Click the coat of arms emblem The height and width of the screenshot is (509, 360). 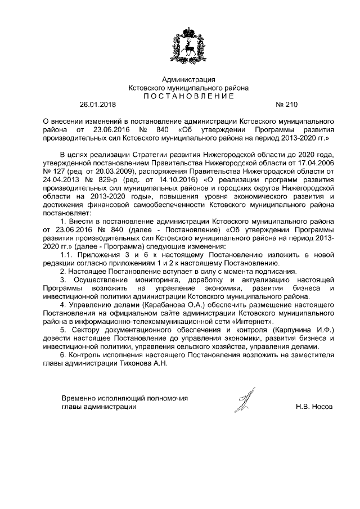(x=188, y=44)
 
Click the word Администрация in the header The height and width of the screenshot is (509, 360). (x=188, y=79)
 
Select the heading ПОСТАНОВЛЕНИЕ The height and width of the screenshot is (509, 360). (x=188, y=96)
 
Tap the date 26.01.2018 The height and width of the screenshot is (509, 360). (x=97, y=105)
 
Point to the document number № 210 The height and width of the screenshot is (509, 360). (x=286, y=105)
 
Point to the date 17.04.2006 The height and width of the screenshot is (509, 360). (x=316, y=163)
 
